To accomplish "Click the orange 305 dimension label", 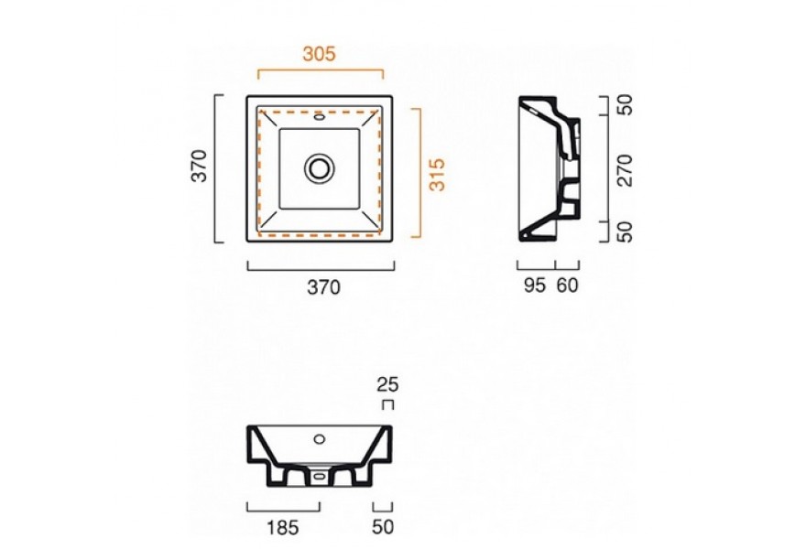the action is (319, 53).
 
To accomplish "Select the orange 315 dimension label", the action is (437, 175).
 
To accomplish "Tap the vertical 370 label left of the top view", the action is (199, 166).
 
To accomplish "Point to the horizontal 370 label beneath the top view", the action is (324, 287).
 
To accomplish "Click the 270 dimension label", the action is (625, 170).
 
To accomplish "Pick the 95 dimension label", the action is (535, 285).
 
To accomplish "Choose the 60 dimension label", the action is (568, 285).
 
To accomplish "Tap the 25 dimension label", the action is (387, 384).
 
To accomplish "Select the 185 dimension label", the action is (283, 527).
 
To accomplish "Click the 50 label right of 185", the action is (383, 527).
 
